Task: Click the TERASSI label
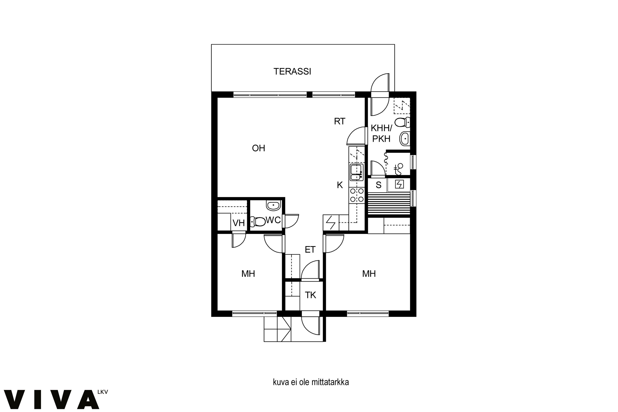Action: point(292,71)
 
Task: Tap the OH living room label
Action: point(259,148)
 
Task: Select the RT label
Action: point(339,121)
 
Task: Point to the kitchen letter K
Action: point(340,185)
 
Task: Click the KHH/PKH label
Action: point(381,133)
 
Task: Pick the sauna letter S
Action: point(378,185)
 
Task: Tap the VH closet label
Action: point(239,223)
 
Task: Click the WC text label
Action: point(273,220)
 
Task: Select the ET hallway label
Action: point(310,249)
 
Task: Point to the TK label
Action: point(310,295)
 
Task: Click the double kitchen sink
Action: point(357,172)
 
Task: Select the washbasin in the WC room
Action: point(274,205)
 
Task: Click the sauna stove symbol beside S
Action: point(399,184)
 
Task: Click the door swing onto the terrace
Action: point(380,83)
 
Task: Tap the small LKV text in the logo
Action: point(102,392)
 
